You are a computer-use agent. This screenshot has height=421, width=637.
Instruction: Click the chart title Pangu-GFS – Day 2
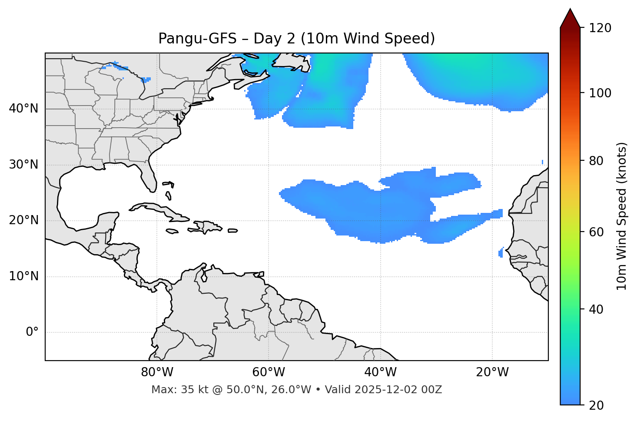coord(296,39)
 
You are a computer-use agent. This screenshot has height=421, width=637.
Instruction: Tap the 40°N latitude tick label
coord(23,109)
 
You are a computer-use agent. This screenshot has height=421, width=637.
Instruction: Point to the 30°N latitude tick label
coord(23,165)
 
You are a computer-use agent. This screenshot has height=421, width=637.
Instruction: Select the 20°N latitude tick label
coord(23,220)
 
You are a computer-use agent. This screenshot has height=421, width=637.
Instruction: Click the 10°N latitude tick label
coord(23,276)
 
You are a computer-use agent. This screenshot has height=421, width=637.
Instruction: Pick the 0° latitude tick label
coord(32,332)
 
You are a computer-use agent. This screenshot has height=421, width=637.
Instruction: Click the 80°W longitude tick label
coord(157,372)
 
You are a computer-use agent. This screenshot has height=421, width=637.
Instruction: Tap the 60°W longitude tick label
coord(269,372)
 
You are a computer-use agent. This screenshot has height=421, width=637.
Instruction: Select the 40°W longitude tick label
coord(380,372)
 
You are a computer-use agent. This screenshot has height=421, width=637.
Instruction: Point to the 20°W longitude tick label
coord(492,372)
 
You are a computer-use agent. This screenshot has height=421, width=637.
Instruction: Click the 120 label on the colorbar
coord(600,28)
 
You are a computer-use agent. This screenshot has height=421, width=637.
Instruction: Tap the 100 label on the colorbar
coord(600,93)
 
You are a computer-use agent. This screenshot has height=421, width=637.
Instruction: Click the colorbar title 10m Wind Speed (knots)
coord(622,216)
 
